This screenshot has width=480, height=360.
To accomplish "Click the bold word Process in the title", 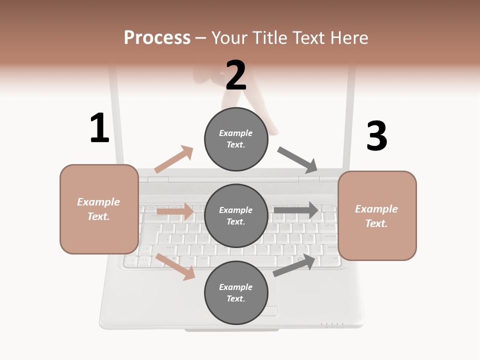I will point(157,37).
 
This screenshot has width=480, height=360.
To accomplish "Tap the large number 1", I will point(99,128).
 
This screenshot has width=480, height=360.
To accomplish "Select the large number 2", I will point(236,75).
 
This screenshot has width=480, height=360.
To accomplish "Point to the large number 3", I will point(376,136).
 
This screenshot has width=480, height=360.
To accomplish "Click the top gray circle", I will point(236,139).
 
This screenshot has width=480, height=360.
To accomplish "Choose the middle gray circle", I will point(236,216).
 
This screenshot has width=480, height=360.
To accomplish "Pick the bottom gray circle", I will point(236,293).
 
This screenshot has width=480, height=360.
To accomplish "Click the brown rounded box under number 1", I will point(99,209).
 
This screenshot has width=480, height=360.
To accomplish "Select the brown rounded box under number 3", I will point(377,216).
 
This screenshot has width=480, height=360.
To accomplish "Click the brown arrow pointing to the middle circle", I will point(175,211).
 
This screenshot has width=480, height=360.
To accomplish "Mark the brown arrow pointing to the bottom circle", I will point(175,266).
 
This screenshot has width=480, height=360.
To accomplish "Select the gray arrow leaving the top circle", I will point(298,159).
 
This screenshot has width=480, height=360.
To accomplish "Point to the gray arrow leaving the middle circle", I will point(296,210).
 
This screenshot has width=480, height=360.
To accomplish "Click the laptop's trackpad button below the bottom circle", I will point(268,311).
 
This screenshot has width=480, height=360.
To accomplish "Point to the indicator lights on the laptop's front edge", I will point(332,325).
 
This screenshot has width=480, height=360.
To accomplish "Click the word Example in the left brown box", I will point(98,202).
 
